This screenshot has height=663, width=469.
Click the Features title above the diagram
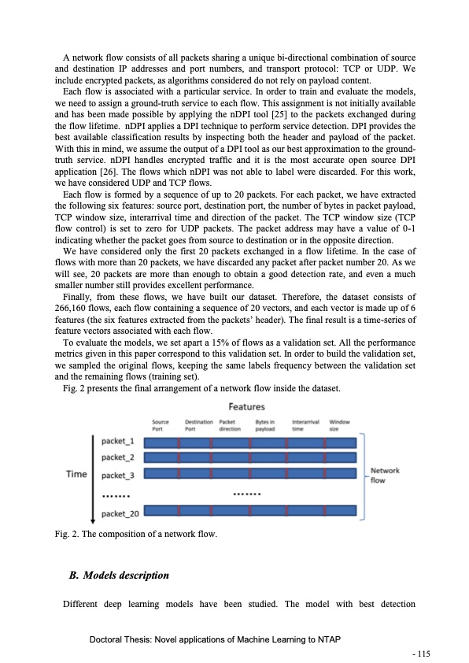tap(246, 407)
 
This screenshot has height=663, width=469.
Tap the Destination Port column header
tap(199, 425)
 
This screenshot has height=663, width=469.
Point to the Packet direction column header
tap(230, 425)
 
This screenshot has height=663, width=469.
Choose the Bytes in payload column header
tap(265, 425)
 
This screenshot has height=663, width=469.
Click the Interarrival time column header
tap(305, 425)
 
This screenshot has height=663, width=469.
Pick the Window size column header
tap(340, 425)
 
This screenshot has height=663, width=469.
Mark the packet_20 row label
tap(121, 513)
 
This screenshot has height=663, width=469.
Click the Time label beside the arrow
tap(76, 474)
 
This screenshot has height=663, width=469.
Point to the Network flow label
tap(385, 475)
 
